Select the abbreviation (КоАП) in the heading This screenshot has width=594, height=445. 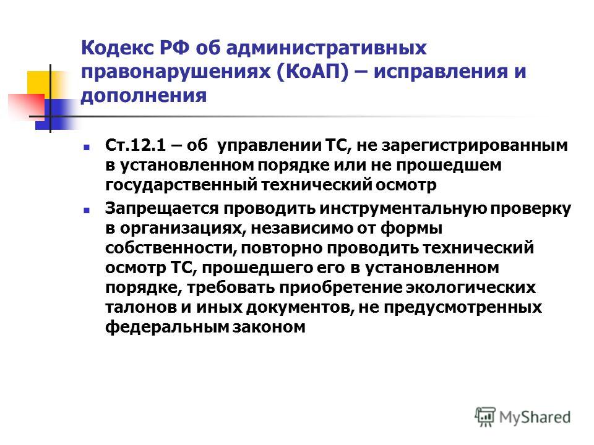coord(312,72)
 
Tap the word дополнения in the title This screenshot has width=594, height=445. coord(144,95)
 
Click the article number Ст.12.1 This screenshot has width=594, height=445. coord(136,145)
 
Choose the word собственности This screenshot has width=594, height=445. coord(171,248)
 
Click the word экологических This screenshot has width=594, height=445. coord(470,288)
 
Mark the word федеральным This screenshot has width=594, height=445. coord(167,327)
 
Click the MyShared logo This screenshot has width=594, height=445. coord(523,417)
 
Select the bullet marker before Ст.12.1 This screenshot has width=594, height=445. coord(87,147)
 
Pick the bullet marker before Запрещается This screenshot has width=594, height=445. coord(87,210)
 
